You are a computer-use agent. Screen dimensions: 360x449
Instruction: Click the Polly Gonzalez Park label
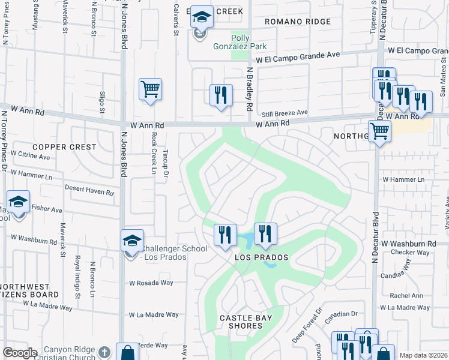tap(240, 42)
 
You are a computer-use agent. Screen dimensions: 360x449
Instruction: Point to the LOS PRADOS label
tap(261, 257)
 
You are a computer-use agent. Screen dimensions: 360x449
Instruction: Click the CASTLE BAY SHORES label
tap(241, 322)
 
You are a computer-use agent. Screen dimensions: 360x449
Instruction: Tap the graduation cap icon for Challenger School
tap(132, 241)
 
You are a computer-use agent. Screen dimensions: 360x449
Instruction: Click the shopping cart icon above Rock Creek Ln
tap(150, 89)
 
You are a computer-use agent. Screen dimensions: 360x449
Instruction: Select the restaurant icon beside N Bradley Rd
tap(221, 94)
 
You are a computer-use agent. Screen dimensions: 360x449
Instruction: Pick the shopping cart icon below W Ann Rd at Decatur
tap(379, 130)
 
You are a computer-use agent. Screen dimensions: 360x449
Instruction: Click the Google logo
tap(20, 353)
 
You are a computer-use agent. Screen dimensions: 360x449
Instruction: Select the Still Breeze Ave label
tap(284, 112)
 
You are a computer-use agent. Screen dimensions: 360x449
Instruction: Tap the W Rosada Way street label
tap(151, 283)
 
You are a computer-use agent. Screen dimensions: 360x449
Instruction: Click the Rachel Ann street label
tap(406, 295)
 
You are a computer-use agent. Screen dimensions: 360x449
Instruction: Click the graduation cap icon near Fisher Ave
tap(18, 202)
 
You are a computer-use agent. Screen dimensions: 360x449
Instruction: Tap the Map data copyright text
tap(423, 355)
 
